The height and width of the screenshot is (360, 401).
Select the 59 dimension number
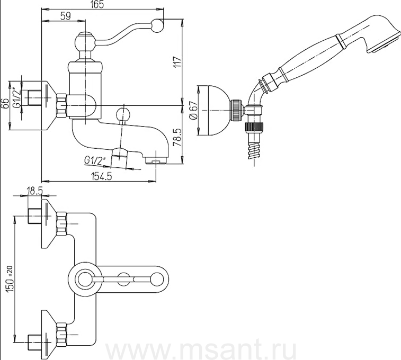(65, 16)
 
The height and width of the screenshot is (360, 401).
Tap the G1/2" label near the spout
(95, 159)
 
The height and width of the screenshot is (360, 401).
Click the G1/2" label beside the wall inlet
(19, 100)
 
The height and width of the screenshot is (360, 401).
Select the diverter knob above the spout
(123, 113)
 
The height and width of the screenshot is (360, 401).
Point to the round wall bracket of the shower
(213, 111)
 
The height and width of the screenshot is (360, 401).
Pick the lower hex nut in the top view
(61, 335)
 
